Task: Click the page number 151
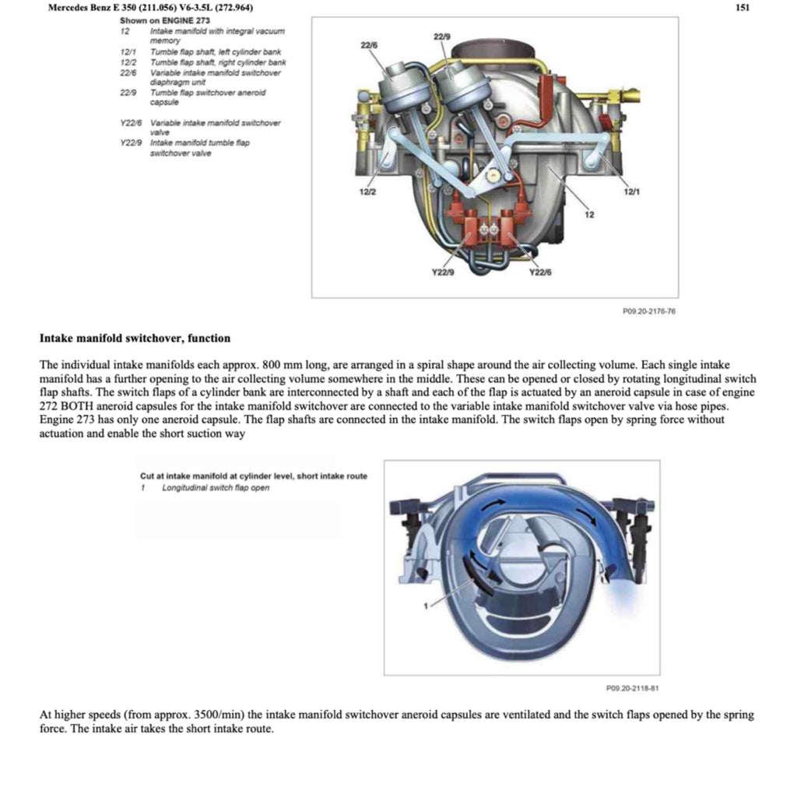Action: point(742,8)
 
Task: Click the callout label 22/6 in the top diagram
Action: point(370,47)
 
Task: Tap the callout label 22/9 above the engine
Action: point(441,37)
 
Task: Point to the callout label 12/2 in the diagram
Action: point(368,192)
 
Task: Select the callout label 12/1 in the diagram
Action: point(633,191)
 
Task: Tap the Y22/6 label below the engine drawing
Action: point(540,272)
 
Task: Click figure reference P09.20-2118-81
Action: point(633,687)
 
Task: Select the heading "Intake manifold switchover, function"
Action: point(135,339)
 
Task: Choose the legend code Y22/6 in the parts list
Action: point(132,123)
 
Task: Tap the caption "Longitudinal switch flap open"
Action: point(216,488)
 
